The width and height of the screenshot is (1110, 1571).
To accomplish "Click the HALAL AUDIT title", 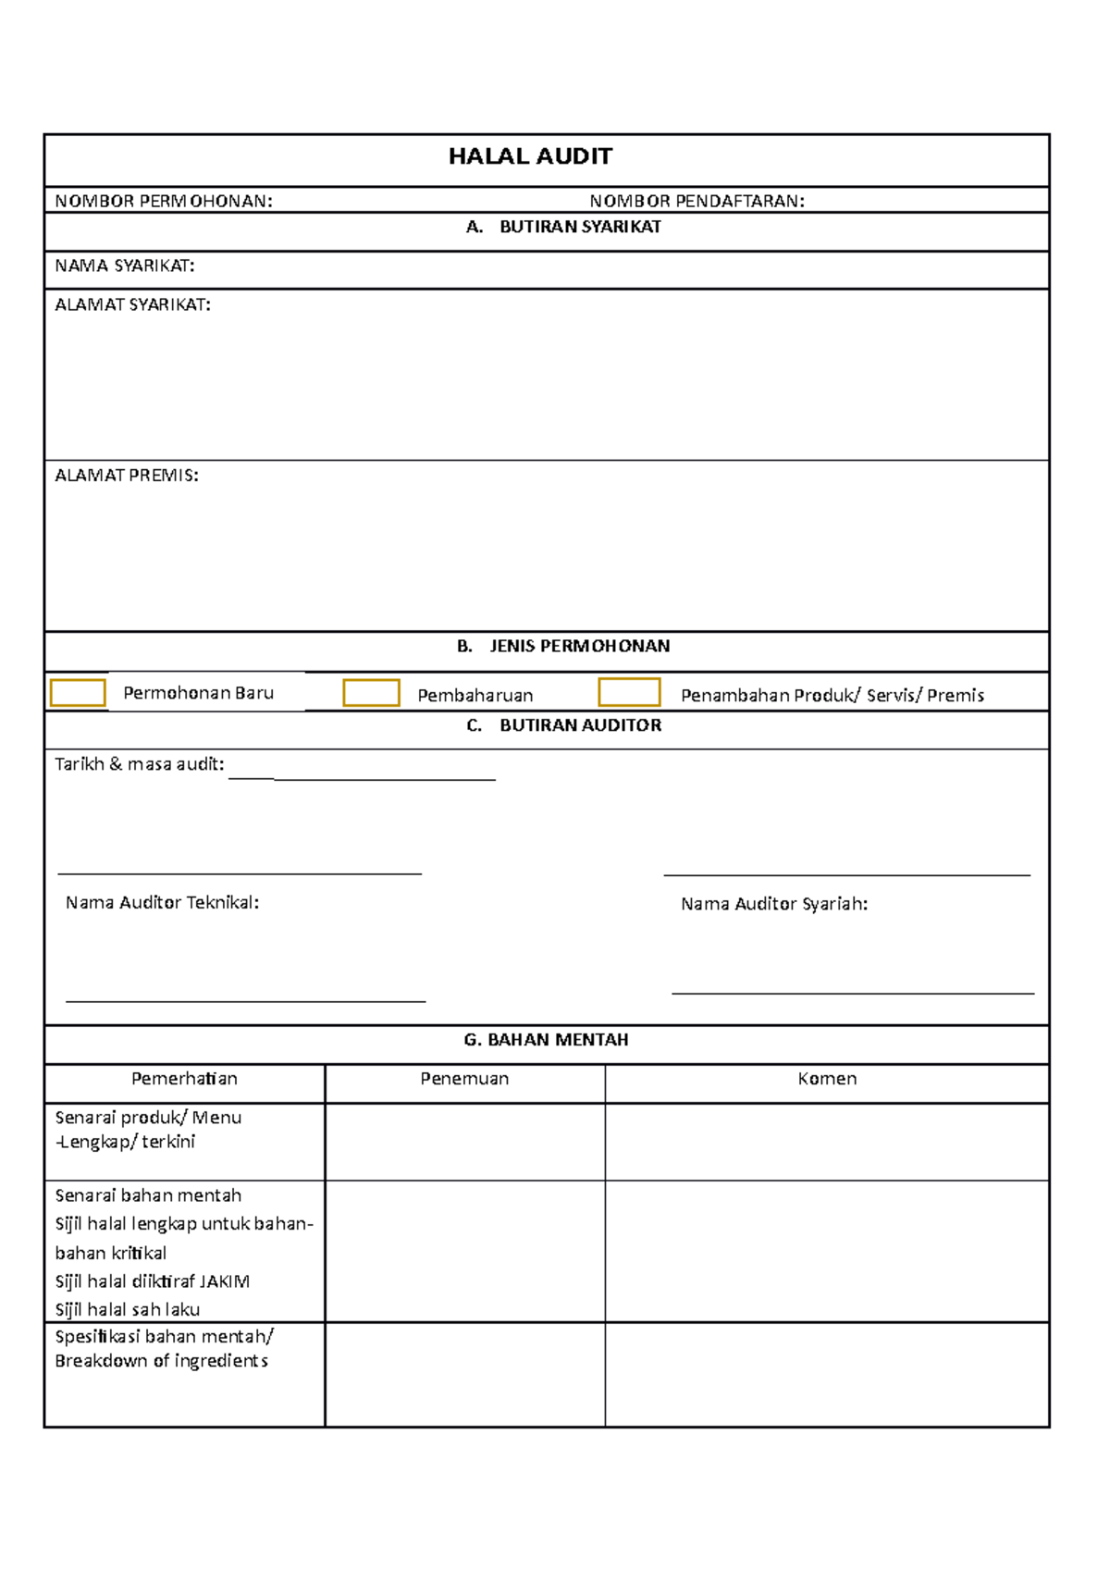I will click(530, 156).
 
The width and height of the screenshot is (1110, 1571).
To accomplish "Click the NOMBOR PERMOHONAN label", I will click(164, 201).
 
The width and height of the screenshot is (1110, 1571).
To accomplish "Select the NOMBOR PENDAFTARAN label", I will click(697, 201).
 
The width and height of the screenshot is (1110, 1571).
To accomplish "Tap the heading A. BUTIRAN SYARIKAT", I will click(563, 227).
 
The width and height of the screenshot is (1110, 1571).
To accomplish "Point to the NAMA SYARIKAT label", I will click(125, 266).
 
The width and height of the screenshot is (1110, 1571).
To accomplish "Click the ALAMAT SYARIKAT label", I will click(132, 304).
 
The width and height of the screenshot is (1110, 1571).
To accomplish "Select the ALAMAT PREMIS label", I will click(127, 475).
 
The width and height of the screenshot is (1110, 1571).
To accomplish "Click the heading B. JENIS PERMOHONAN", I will click(563, 646).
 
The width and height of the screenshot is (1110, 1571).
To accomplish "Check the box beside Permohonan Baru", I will click(78, 692).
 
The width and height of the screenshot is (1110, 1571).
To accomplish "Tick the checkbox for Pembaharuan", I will click(371, 693).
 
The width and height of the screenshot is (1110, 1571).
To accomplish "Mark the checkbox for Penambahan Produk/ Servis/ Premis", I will click(629, 692).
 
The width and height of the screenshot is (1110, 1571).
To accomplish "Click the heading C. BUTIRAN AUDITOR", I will click(563, 725).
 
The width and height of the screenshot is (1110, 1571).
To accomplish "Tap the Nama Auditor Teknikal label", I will click(162, 902).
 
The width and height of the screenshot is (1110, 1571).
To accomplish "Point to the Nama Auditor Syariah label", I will click(774, 904).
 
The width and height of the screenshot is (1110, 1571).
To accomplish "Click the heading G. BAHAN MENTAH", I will click(546, 1040).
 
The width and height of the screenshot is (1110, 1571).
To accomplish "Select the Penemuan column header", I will click(464, 1079).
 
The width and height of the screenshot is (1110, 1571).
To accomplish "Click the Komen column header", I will click(827, 1079).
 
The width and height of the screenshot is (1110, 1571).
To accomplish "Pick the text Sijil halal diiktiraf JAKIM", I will click(153, 1281).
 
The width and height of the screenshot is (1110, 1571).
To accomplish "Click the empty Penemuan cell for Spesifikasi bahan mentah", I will click(464, 1374).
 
